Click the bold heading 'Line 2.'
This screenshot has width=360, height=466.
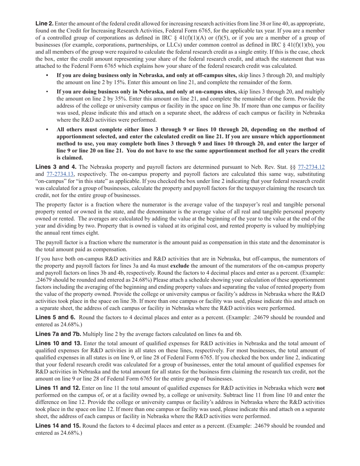click(x=44, y=23)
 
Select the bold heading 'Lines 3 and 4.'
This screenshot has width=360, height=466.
click(x=56, y=167)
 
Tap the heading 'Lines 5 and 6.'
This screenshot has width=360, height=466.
click(x=56, y=317)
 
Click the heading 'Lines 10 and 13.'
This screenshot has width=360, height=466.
click(x=58, y=343)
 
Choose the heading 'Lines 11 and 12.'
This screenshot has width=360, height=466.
click(x=58, y=388)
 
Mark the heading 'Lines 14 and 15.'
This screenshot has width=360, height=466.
click(x=58, y=425)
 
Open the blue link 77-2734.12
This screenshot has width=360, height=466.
click(x=311, y=167)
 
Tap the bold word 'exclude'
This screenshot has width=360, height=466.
click(x=180, y=266)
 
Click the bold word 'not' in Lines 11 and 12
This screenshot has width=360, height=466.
click(x=321, y=388)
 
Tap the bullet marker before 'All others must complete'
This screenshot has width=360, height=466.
click(x=47, y=129)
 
